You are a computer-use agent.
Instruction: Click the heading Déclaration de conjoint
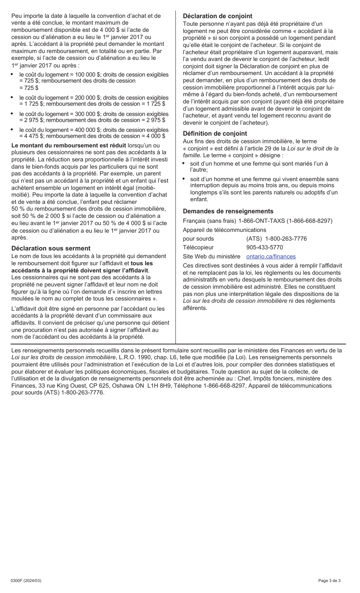217,16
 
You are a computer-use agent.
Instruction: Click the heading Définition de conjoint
214,133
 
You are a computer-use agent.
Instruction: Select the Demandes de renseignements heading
228,211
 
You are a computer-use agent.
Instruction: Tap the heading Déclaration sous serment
51,248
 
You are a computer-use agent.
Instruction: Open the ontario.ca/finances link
271,257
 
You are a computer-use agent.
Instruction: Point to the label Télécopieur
198,247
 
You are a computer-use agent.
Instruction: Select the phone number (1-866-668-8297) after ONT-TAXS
309,221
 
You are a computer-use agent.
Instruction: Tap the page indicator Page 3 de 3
329,580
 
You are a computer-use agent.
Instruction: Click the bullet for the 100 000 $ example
12,75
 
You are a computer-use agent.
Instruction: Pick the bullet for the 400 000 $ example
12,130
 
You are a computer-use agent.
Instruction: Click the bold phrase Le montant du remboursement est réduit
69,145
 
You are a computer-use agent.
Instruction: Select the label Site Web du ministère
211,257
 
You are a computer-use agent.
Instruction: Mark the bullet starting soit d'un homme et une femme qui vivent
184,179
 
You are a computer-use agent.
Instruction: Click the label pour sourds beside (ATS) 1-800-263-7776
198,239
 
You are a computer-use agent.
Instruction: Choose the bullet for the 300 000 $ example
12,114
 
